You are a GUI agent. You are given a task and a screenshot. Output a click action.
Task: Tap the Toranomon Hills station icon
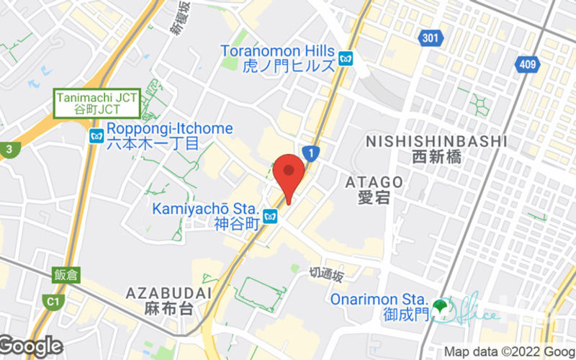tap(346, 58)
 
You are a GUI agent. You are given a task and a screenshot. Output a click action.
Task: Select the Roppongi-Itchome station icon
tap(96, 135)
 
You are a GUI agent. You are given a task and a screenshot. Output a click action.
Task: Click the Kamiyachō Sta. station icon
tap(270, 216)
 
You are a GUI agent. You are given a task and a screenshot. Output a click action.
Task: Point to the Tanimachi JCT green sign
tap(97, 104)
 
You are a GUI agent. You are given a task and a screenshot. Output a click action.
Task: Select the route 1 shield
tap(310, 153)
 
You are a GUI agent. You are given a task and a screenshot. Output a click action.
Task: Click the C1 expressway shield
tap(52, 300)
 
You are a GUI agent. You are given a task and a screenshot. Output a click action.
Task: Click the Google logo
tap(32, 346)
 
